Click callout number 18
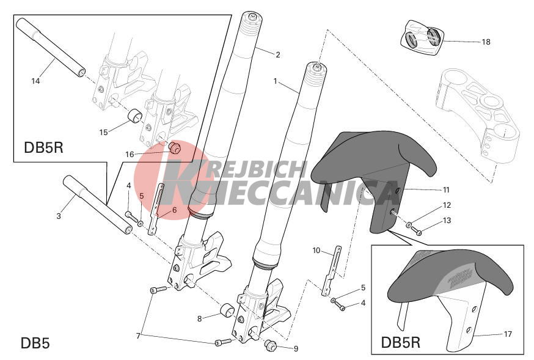486,42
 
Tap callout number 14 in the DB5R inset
35,81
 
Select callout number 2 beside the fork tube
278,55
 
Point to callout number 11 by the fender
446,190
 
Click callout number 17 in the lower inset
508,334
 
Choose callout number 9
296,349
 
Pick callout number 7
138,336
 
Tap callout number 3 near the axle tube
59,216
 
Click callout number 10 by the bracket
316,251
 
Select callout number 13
447,221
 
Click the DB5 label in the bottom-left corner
35,343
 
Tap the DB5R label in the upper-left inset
43,148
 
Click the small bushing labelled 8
227,310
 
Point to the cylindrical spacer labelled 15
136,116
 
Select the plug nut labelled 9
269,345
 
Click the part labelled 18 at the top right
422,37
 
